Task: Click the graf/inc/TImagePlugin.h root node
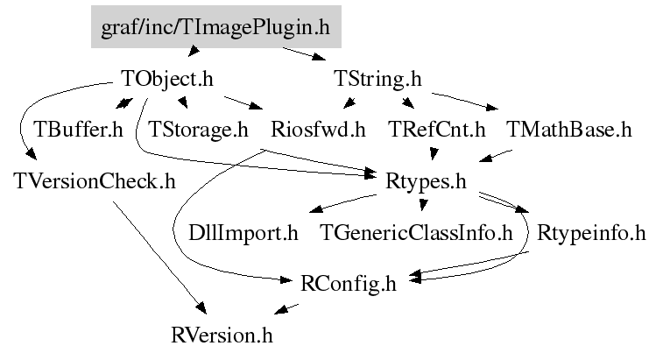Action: (215, 28)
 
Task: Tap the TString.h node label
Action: (378, 80)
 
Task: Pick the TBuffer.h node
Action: (78, 131)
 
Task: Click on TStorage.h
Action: (199, 131)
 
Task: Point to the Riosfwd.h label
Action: (318, 131)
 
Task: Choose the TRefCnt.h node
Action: (436, 131)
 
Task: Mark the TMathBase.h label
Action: (568, 131)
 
